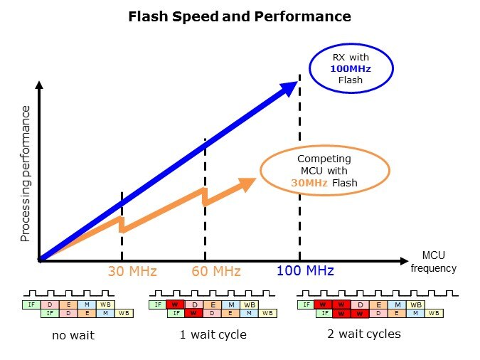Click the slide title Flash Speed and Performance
click(x=240, y=16)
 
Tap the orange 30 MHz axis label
click(x=132, y=271)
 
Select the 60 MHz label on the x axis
click(x=216, y=271)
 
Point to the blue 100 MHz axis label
click(x=305, y=271)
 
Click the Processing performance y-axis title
click(x=26, y=173)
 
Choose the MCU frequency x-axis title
click(x=433, y=262)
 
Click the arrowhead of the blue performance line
click(x=289, y=88)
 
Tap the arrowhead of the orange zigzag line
click(x=247, y=184)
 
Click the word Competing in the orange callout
click(x=324, y=159)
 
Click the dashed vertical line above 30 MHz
click(x=122, y=242)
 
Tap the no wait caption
click(x=73, y=334)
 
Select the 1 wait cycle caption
click(x=213, y=334)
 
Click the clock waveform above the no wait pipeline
click(x=67, y=293)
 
